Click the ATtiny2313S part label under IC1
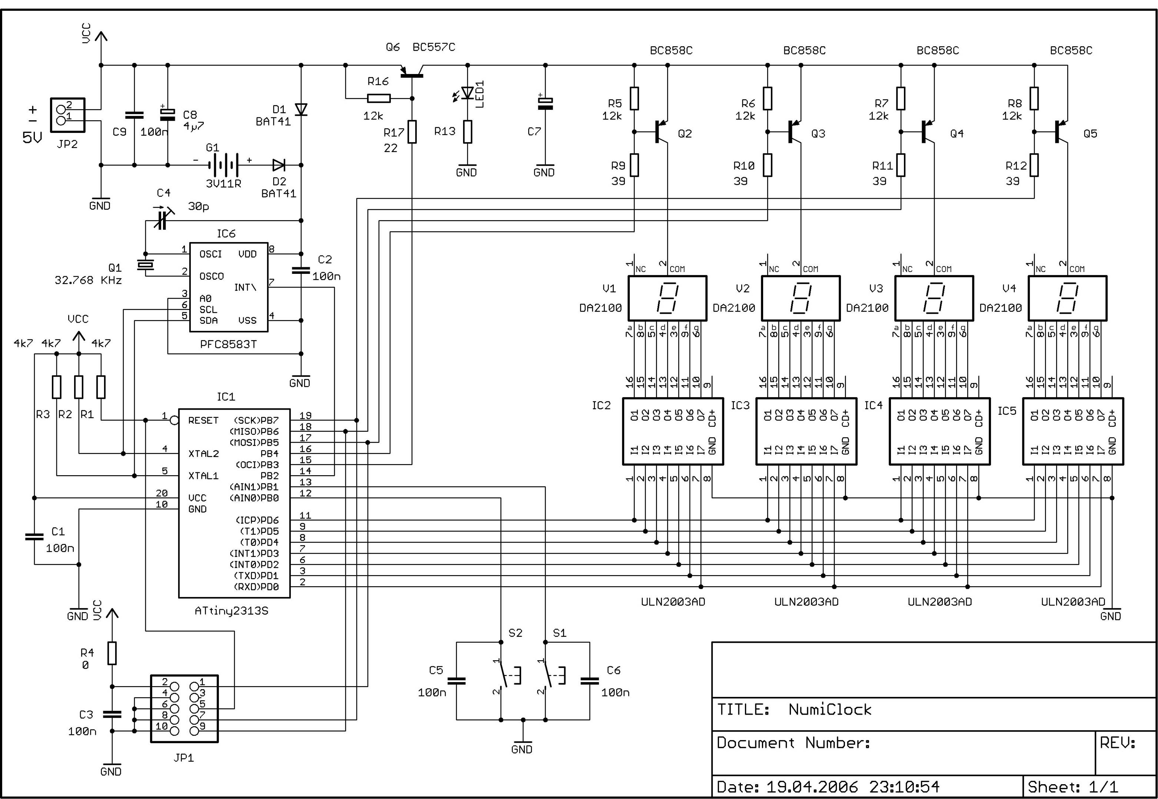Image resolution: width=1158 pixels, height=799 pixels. [231, 611]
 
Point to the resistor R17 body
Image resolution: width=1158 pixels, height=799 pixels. [412, 132]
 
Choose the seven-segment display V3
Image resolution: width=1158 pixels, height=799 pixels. [934, 298]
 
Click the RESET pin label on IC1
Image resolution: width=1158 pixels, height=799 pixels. [203, 420]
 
